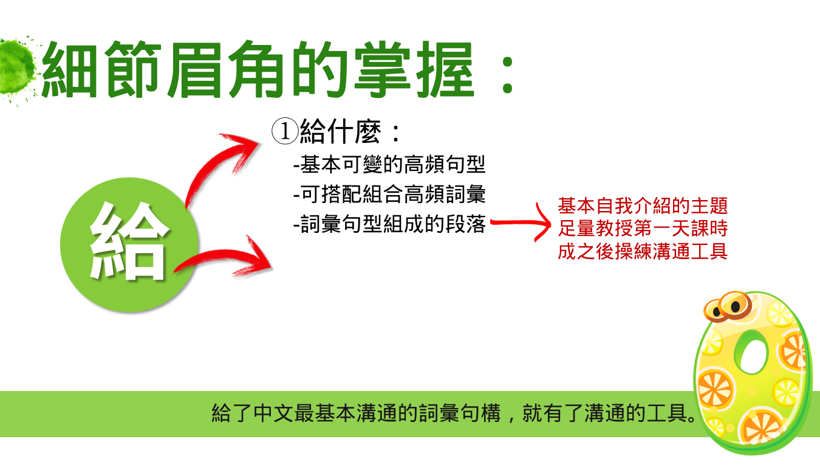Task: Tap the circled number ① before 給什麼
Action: pos(285,131)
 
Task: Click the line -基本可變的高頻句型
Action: pos(389,164)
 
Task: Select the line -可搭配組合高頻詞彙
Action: pos(389,194)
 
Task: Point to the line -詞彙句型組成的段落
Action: pos(389,224)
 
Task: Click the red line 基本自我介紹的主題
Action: pos(643,206)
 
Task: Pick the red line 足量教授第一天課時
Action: pos(643,229)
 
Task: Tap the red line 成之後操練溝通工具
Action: pos(643,252)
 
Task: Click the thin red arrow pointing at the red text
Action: pos(520,223)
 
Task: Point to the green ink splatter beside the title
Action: pos(16,68)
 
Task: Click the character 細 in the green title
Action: pos(70,70)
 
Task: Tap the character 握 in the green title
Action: pos(445,70)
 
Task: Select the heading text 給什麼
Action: pos(341,131)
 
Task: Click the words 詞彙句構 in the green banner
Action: pos(459,413)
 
